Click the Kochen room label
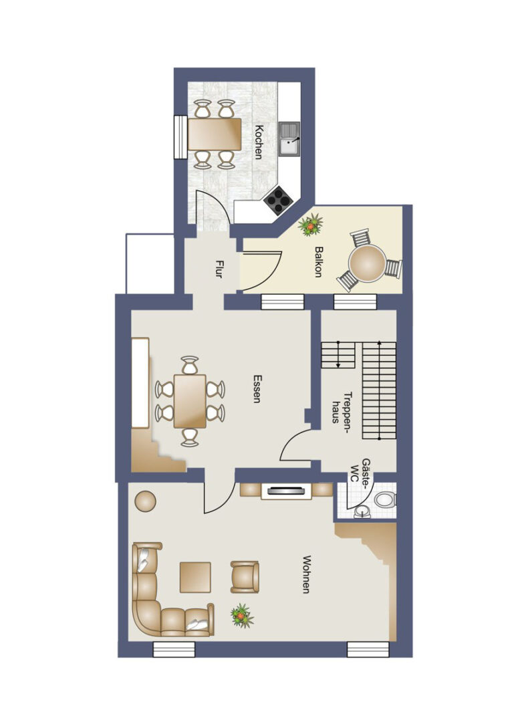[x=259, y=142]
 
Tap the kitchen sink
[x=289, y=140]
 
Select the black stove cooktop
[x=279, y=201]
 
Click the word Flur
[x=219, y=269]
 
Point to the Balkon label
[x=318, y=261]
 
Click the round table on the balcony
[x=367, y=263]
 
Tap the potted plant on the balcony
[x=310, y=225]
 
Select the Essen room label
[x=257, y=389]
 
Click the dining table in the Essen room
[x=190, y=401]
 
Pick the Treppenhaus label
[x=342, y=408]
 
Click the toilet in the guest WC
[x=385, y=499]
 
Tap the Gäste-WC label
[x=360, y=470]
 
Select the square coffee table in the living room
[x=195, y=577]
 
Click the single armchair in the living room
[x=245, y=576]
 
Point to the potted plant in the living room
[x=242, y=616]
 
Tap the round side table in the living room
[x=146, y=501]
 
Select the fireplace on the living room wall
[x=286, y=491]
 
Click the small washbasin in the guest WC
[x=362, y=511]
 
